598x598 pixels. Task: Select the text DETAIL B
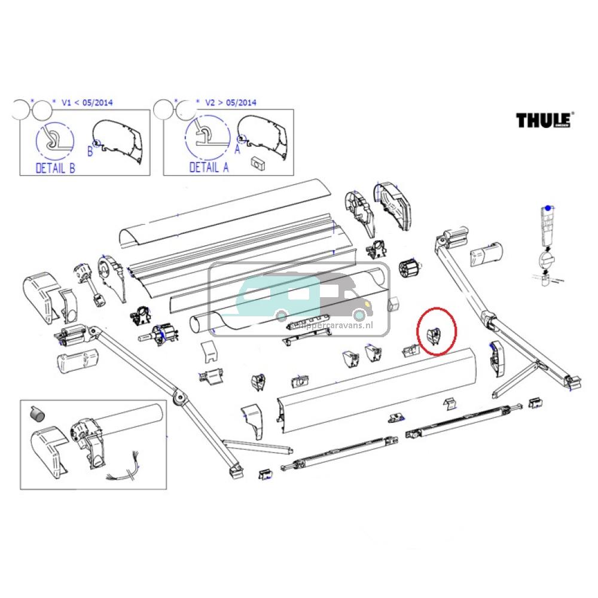(56, 167)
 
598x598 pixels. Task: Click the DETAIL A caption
(209, 167)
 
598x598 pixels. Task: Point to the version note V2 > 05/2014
(230, 102)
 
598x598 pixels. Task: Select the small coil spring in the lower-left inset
(37, 413)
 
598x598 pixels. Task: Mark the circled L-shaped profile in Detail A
(207, 140)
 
